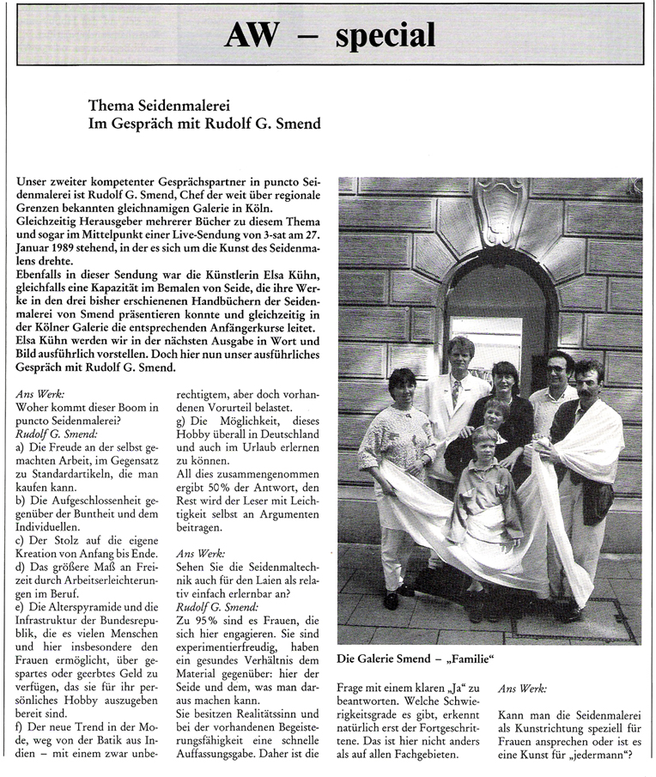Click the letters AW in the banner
click(253, 35)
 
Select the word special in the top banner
click(385, 35)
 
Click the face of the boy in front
click(485, 448)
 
